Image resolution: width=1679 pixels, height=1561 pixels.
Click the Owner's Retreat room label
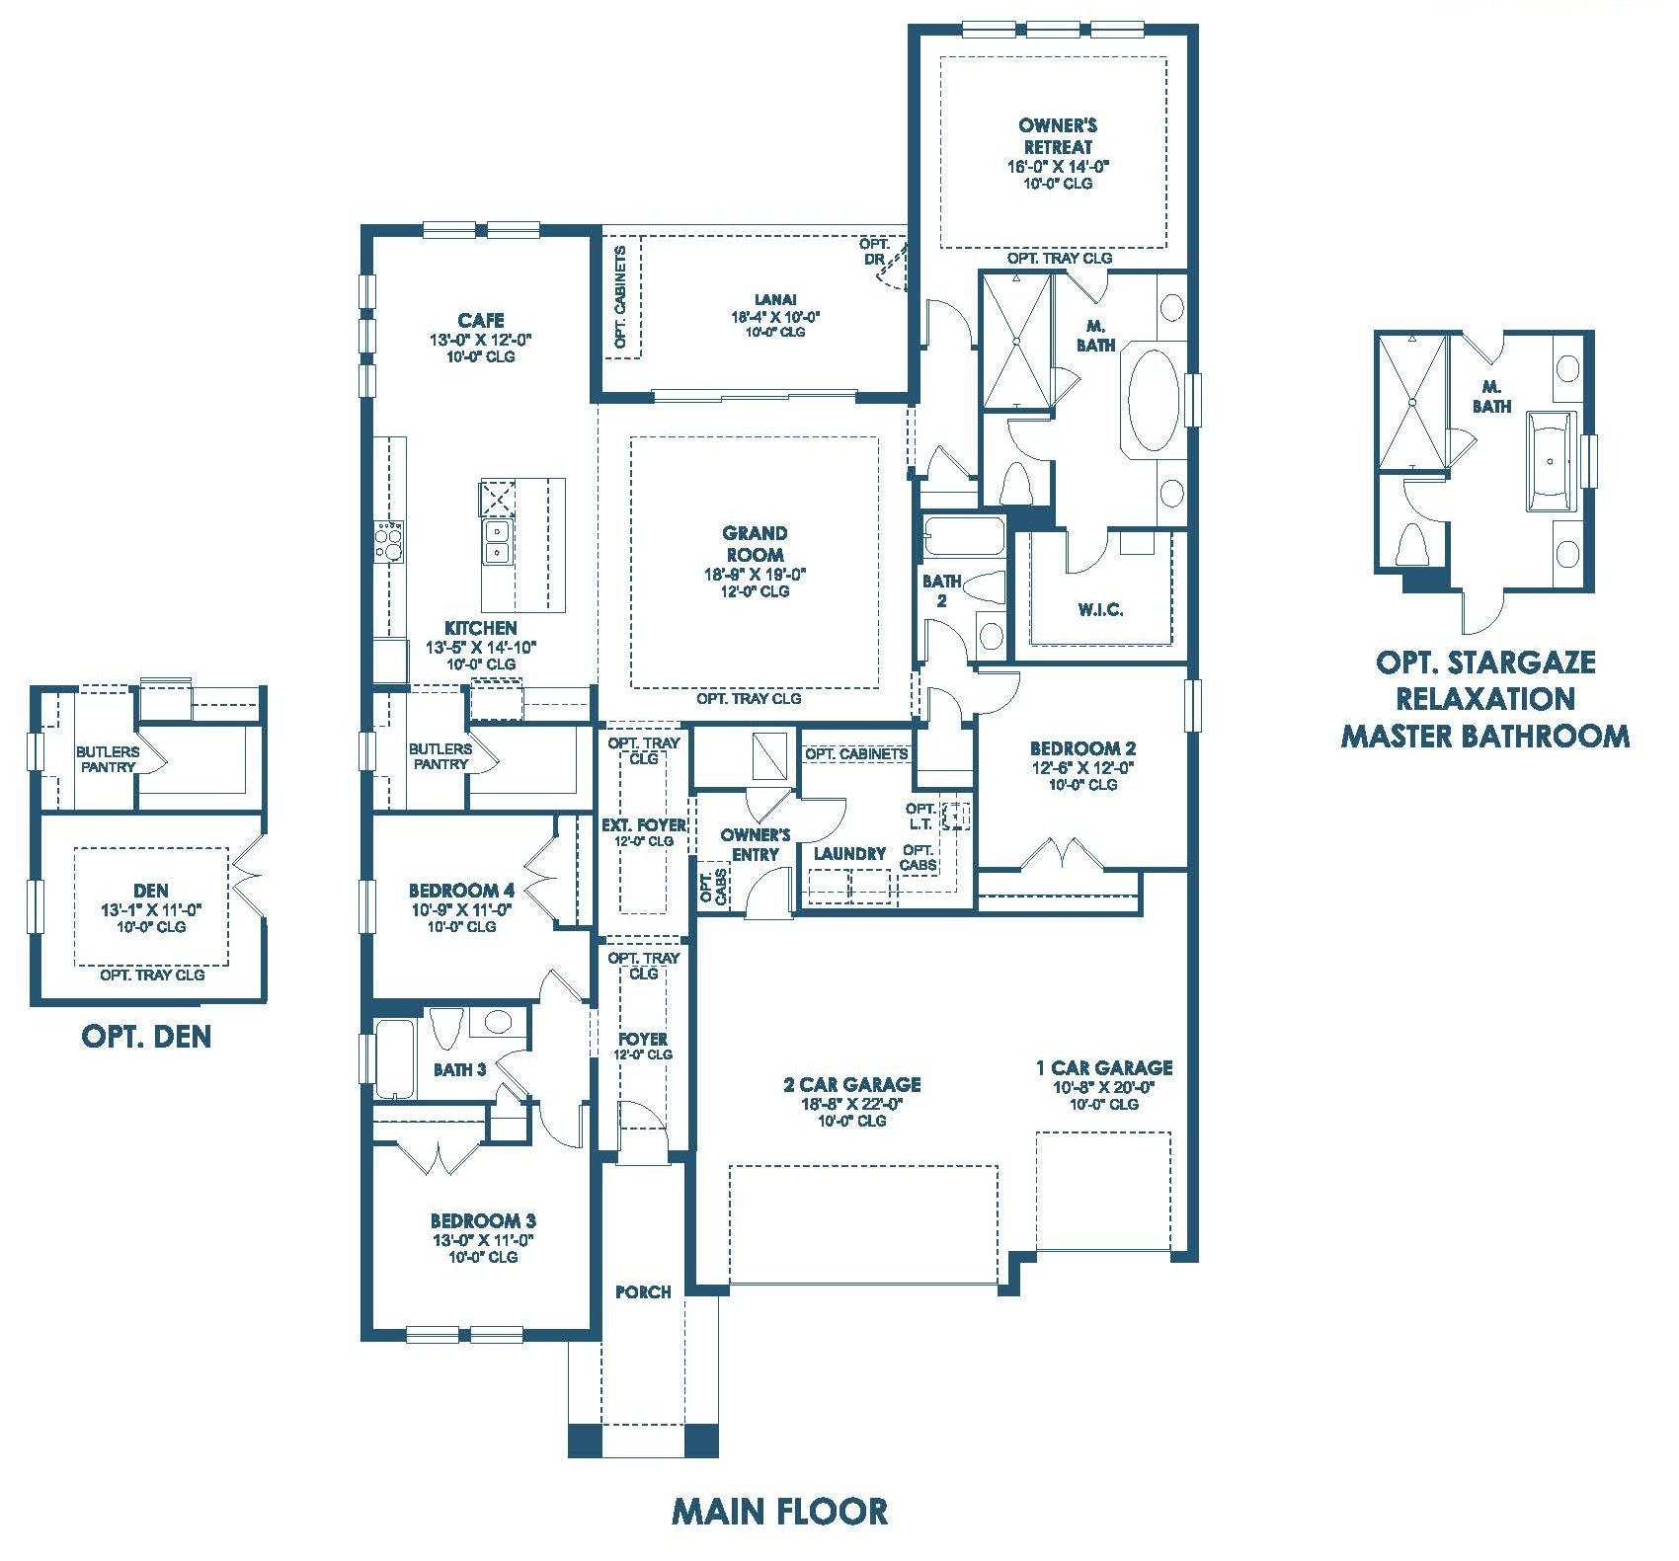(x=1058, y=135)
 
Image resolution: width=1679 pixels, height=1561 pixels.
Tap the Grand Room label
(x=756, y=544)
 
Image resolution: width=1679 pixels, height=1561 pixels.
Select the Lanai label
(x=775, y=299)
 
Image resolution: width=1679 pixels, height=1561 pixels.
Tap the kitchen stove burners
(x=389, y=541)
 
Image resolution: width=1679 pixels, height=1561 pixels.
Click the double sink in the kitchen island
(x=496, y=542)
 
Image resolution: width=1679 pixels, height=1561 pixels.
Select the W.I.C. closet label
(x=1100, y=609)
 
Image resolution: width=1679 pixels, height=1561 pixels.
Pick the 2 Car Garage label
(x=851, y=1084)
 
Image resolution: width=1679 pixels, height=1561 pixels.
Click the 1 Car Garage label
(x=1104, y=1067)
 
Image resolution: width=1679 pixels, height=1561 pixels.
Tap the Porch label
(x=643, y=1291)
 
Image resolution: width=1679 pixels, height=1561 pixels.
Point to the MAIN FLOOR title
(x=779, y=1511)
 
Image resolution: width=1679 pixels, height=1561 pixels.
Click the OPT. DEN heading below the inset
(x=146, y=1036)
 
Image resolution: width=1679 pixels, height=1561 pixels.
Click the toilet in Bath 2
(x=983, y=587)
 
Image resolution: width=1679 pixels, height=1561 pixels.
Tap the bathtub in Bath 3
(x=394, y=1058)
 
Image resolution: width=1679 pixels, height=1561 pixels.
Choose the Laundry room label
(x=849, y=853)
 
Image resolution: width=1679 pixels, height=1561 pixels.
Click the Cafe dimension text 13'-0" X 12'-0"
(x=481, y=339)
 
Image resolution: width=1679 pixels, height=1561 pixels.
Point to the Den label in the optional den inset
(x=151, y=890)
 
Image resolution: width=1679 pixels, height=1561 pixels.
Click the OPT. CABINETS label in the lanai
(x=620, y=296)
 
